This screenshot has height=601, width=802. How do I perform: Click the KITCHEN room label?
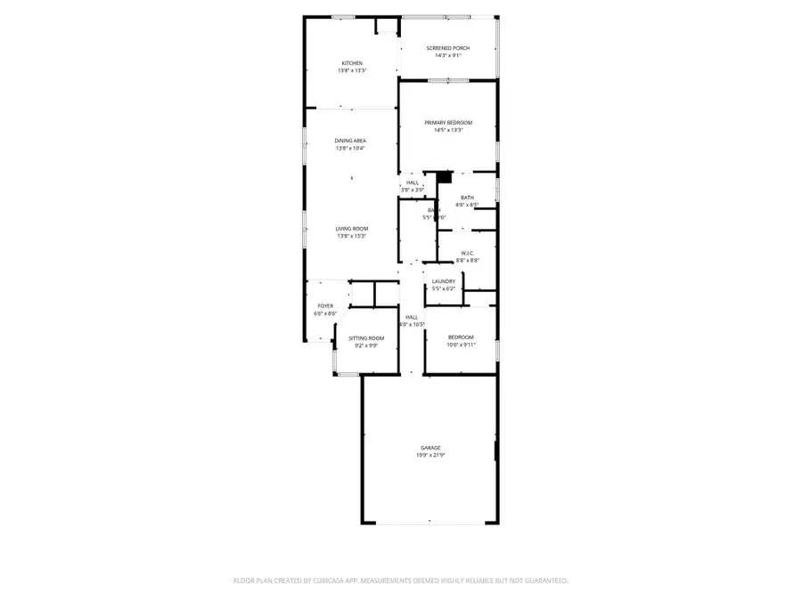click(x=352, y=63)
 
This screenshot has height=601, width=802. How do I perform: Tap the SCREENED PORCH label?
click(x=448, y=48)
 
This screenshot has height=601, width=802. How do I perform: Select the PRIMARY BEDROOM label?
click(x=448, y=123)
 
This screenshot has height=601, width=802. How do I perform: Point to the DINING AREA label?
click(x=351, y=141)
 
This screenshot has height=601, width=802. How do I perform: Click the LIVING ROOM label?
click(x=352, y=229)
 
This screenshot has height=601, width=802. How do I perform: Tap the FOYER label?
click(x=325, y=306)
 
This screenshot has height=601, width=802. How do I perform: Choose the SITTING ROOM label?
click(x=366, y=338)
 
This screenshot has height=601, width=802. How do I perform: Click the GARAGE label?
click(x=431, y=448)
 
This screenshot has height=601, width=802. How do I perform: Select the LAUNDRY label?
click(x=444, y=281)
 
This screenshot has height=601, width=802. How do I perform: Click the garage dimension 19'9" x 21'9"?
click(x=431, y=455)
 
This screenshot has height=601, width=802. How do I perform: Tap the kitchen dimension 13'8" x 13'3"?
click(x=352, y=71)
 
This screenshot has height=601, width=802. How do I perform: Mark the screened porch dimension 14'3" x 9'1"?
click(x=448, y=56)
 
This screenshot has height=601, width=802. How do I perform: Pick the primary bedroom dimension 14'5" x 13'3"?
click(x=448, y=131)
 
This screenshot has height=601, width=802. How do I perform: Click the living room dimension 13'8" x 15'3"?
click(x=352, y=236)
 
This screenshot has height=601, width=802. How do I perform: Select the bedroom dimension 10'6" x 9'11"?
click(x=461, y=345)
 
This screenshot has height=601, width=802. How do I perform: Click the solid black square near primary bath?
click(x=446, y=177)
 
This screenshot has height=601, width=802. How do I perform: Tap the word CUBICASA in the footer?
click(x=321, y=581)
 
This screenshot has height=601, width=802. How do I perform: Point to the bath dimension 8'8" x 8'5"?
click(x=468, y=205)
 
